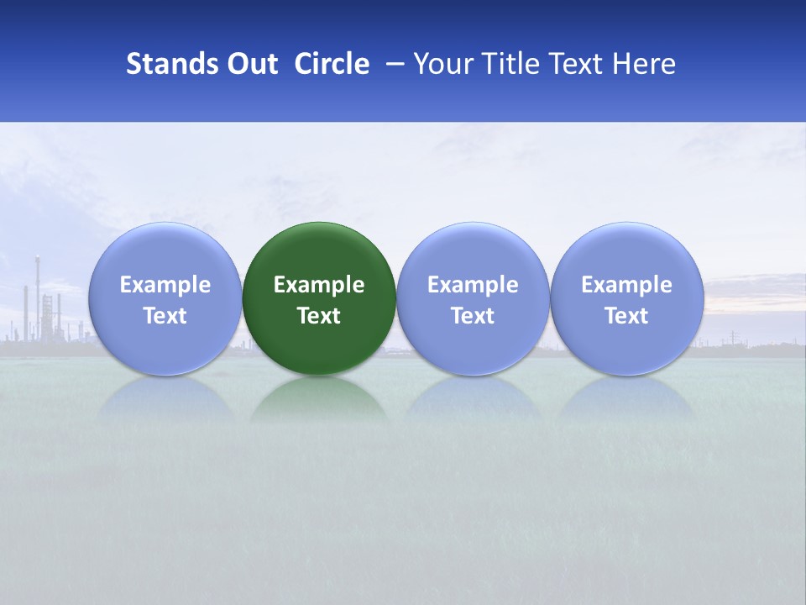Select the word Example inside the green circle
point(319,285)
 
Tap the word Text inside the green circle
point(319,316)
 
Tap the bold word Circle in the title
point(332,64)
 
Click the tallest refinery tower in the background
point(37,294)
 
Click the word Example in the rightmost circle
point(626,285)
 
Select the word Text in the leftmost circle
point(165,316)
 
